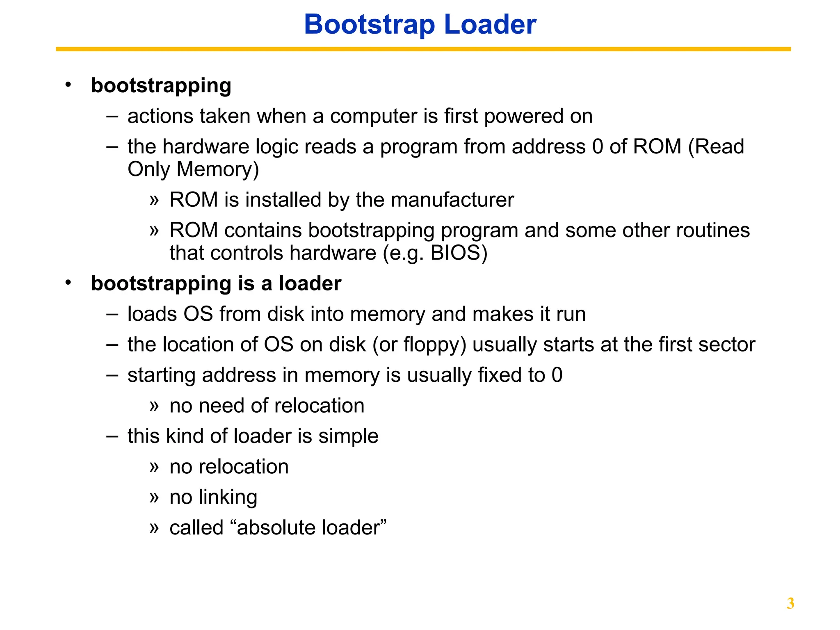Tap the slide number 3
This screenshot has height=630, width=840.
click(790, 603)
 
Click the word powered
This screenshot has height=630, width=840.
click(524, 116)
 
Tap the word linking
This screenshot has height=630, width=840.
click(228, 498)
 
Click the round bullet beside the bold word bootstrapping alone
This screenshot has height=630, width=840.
click(68, 85)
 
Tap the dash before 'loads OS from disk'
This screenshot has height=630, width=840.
click(112, 315)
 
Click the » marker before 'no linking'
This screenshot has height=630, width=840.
click(154, 498)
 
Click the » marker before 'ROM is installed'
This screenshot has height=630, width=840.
click(154, 201)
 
